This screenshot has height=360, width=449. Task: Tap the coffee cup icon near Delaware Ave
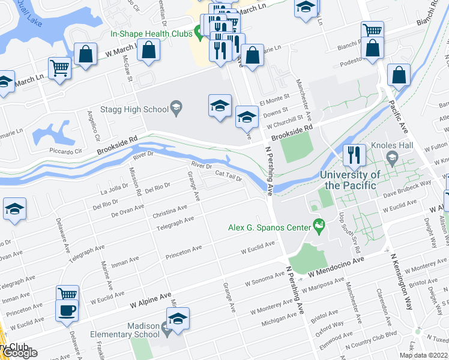click(67, 311)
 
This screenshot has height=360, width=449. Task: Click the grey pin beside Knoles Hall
click(391, 158)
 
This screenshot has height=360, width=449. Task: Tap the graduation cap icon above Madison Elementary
click(177, 319)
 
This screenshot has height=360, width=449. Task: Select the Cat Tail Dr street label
click(228, 177)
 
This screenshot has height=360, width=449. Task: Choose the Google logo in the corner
click(20, 353)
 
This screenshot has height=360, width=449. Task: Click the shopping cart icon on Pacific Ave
click(372, 30)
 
